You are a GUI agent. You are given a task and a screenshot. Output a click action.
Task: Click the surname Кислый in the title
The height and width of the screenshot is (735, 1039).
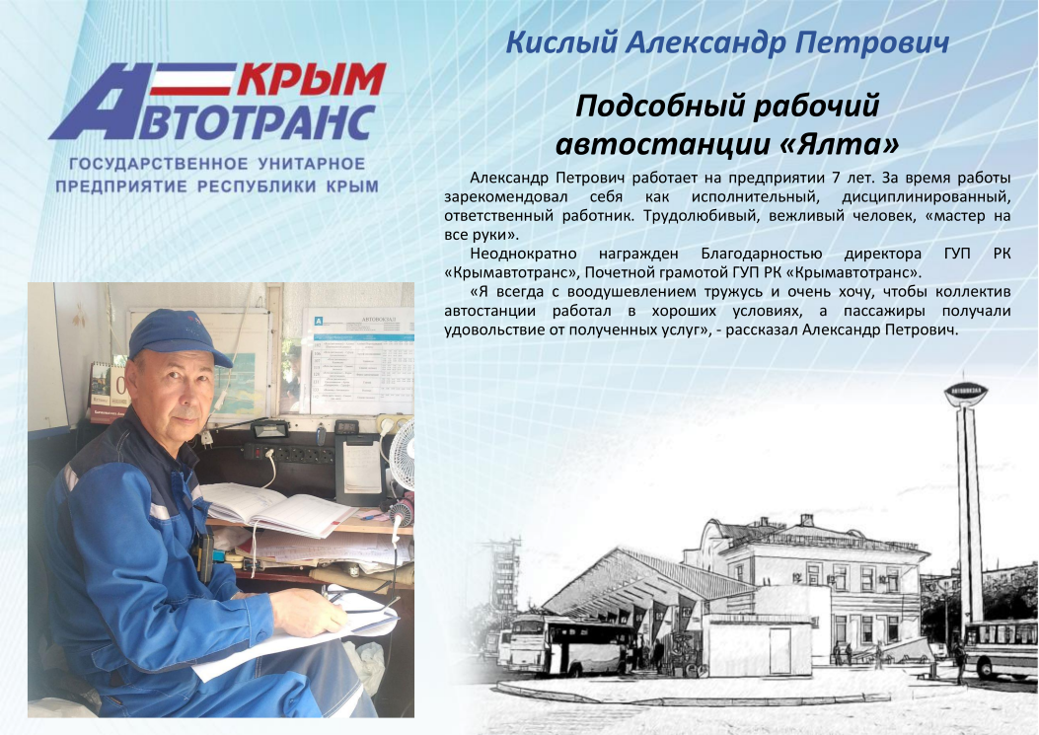561,42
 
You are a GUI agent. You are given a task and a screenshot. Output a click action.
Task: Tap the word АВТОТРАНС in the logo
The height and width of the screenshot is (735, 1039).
213,119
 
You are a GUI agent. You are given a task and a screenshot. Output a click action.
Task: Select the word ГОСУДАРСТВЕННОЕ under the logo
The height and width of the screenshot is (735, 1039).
159,164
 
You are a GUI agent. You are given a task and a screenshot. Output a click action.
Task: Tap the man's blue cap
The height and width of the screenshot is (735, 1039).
178,336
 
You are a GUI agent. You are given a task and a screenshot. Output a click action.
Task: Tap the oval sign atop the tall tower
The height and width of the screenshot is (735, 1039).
966,391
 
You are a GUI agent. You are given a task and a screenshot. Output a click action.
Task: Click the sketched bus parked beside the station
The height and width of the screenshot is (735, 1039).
573,644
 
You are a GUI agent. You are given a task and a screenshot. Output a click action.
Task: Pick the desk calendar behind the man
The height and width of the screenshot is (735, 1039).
108,393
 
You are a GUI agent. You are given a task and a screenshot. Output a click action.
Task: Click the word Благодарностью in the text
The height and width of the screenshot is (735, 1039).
762,254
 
